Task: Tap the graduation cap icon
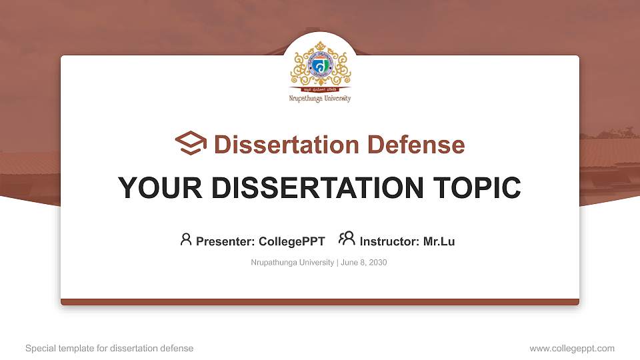click(191, 143)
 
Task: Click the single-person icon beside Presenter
click(186, 239)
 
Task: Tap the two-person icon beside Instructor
click(347, 239)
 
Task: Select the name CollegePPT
click(292, 241)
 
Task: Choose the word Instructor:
click(389, 241)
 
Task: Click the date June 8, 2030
click(364, 263)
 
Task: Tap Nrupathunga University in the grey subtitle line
click(292, 263)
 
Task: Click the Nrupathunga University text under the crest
click(320, 99)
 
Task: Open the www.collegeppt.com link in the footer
click(571, 348)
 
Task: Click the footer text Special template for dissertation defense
click(109, 348)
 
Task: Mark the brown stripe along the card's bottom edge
click(320, 302)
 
